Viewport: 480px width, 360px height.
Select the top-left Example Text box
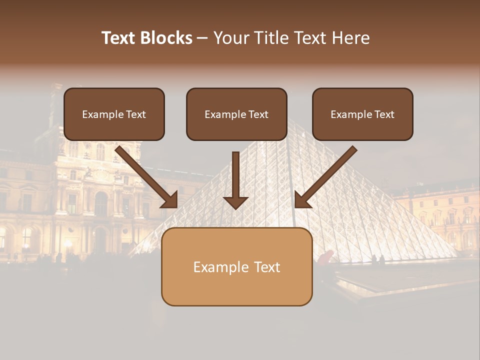pyautogui.click(x=114, y=114)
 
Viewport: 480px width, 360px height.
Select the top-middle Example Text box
pyautogui.click(x=236, y=114)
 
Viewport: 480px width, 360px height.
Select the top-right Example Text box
pyautogui.click(x=362, y=114)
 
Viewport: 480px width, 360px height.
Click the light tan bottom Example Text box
pyautogui.click(x=236, y=266)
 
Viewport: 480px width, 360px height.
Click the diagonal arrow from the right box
pyautogui.click(x=327, y=175)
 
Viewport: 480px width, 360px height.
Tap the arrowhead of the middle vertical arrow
pyautogui.click(x=235, y=202)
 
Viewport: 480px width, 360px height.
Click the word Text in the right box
pyautogui.click(x=384, y=114)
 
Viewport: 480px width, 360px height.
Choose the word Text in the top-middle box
pyautogui.click(x=258, y=114)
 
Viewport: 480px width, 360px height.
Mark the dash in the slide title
pyautogui.click(x=202, y=38)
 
